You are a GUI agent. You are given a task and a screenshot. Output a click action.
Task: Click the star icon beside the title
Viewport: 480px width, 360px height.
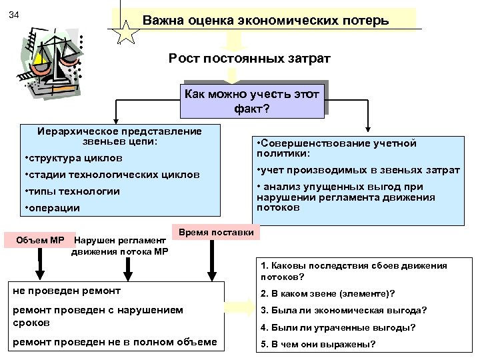[125, 32]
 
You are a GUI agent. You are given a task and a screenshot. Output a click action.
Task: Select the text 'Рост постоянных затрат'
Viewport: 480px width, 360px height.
[249, 60]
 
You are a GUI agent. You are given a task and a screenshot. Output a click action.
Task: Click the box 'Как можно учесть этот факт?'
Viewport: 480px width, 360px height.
[256, 101]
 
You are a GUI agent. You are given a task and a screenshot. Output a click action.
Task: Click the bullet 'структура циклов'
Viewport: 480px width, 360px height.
[73, 159]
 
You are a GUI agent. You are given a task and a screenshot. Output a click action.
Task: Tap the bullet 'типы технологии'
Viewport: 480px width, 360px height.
[71, 191]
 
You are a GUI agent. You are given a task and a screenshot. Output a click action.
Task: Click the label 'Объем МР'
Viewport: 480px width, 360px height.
[45, 239]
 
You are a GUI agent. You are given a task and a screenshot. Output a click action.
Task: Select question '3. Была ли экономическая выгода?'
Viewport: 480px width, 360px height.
[343, 310]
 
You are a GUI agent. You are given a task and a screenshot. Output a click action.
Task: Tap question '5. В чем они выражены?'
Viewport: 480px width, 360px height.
[318, 345]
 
